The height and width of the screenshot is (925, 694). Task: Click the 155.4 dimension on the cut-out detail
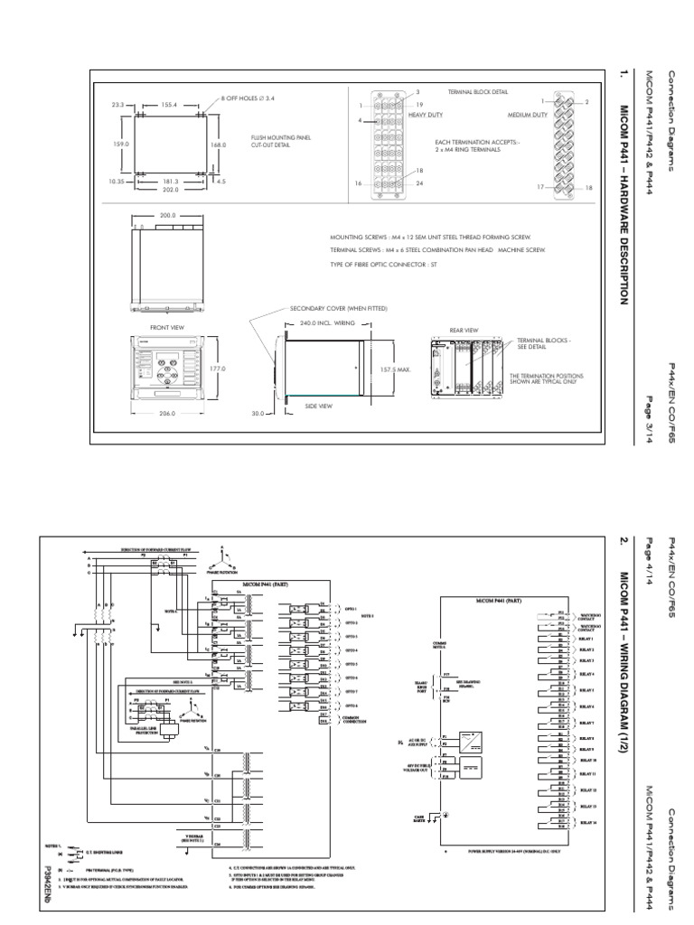169,106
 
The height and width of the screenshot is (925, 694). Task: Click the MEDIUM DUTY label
527,116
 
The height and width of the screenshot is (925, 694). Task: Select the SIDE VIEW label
318,407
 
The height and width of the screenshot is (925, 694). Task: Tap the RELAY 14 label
588,823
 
